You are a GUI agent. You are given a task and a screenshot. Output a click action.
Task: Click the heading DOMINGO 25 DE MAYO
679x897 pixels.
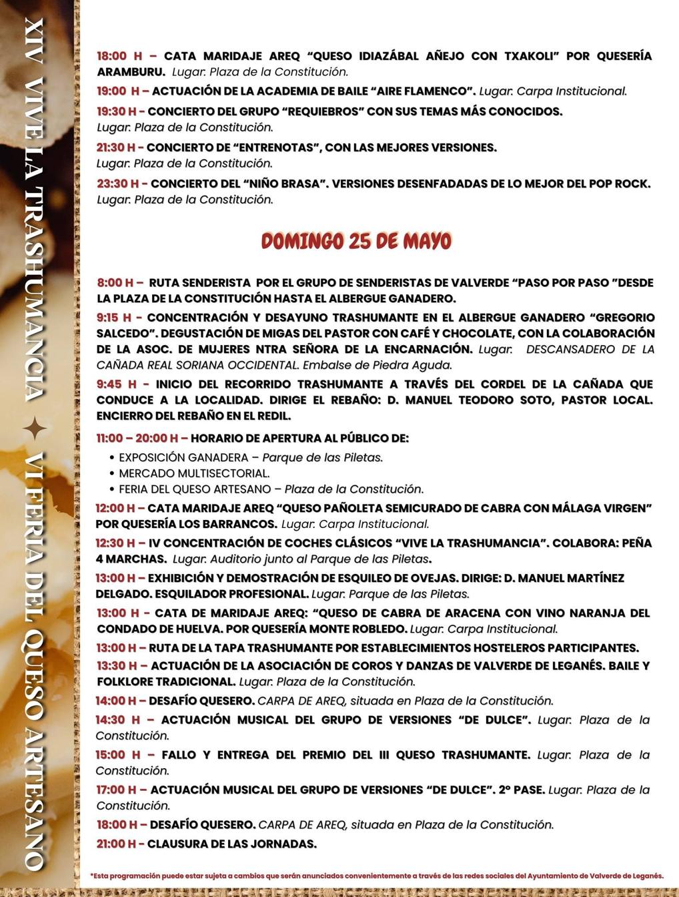tap(356, 241)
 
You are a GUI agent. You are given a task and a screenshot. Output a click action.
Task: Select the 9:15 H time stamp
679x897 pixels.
tap(114, 318)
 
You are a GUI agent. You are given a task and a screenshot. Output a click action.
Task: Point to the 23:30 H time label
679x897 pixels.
tap(117, 184)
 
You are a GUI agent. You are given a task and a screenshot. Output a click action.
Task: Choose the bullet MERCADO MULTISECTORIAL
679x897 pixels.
tap(194, 473)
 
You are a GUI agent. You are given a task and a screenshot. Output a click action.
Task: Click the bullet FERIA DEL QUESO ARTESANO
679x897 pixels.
tap(195, 489)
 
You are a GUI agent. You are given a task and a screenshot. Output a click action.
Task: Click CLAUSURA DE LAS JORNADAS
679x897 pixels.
tap(231, 844)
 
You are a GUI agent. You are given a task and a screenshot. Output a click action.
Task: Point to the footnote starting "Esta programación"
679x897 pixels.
tap(377, 875)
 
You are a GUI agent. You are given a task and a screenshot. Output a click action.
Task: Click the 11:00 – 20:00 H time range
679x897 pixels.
tap(137, 438)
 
